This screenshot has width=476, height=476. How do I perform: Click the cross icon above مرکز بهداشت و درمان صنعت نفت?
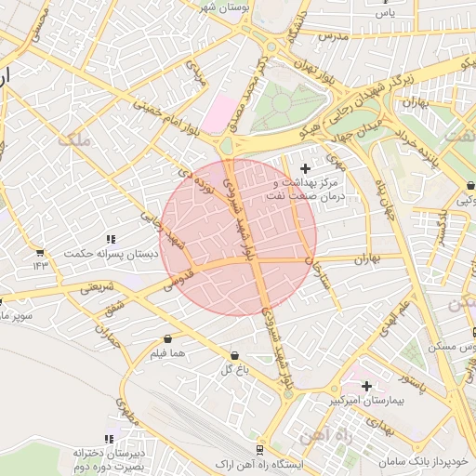306,167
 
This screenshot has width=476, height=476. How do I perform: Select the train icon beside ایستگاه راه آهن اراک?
260,445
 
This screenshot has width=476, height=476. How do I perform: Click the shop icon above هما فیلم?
167,339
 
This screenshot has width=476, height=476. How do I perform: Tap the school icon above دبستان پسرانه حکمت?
111,239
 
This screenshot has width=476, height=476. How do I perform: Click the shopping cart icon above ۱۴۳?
40,252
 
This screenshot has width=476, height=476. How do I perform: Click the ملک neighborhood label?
74,139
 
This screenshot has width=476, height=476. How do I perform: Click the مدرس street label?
332,35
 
